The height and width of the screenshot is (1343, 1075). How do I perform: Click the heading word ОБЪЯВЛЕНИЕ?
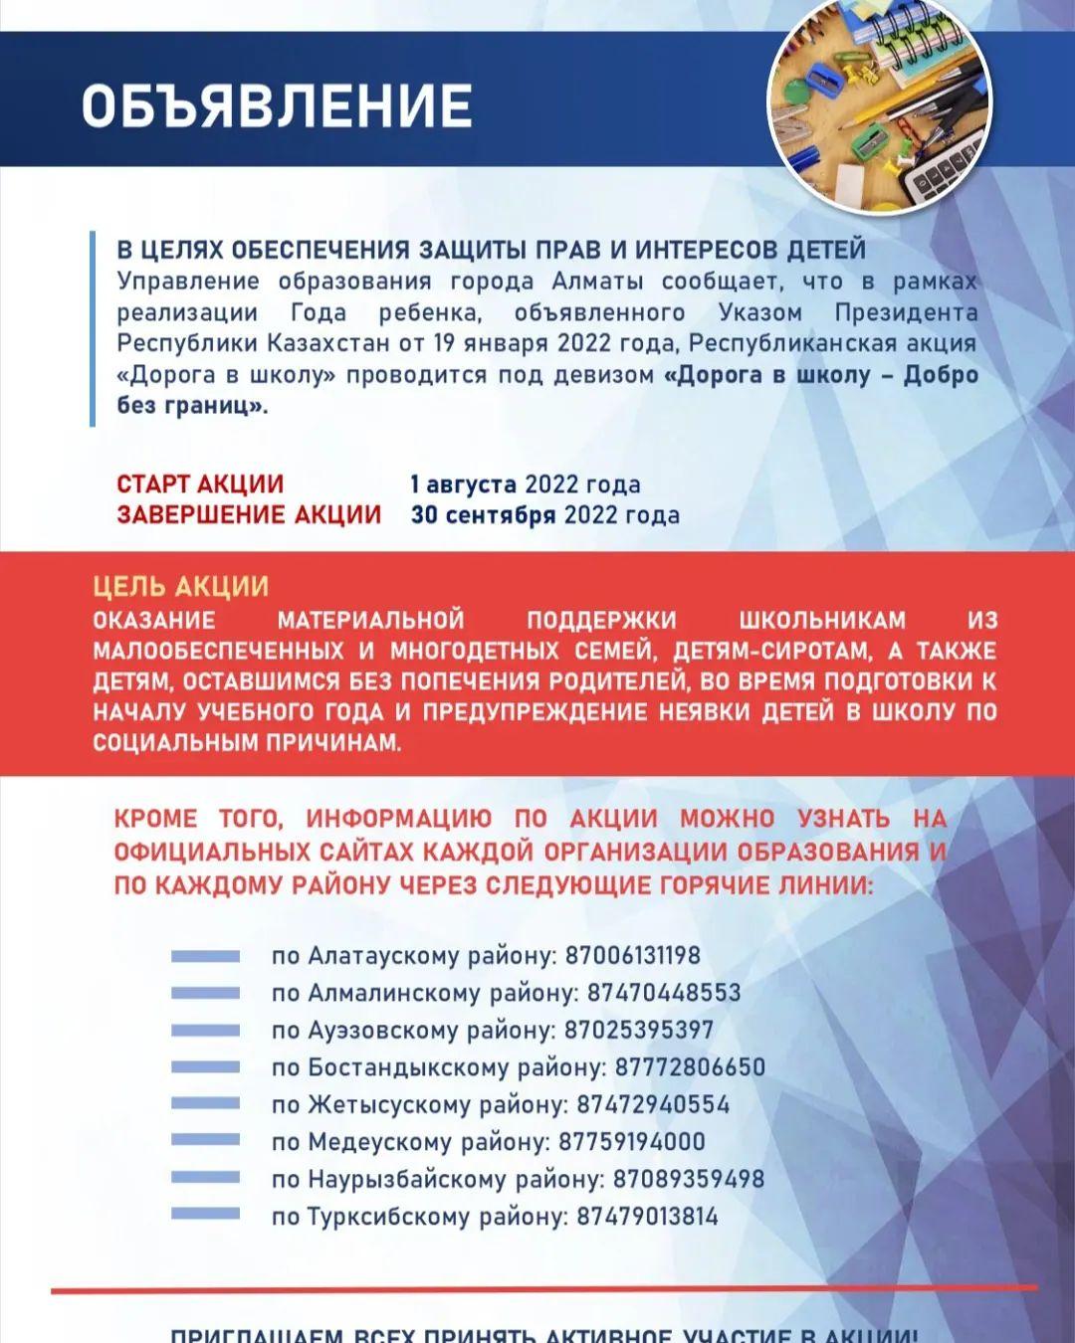(x=277, y=106)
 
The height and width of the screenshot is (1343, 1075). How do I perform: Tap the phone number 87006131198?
(x=633, y=956)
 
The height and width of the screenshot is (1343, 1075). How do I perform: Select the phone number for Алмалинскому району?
(x=664, y=993)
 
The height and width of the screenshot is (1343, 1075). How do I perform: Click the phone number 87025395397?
(x=639, y=1030)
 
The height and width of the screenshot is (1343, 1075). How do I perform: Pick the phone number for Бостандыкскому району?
(x=690, y=1067)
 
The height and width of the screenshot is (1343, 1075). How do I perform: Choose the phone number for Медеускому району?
(x=632, y=1142)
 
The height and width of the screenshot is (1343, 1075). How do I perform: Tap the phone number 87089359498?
(x=689, y=1179)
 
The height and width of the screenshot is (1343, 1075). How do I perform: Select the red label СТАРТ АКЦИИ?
(x=200, y=484)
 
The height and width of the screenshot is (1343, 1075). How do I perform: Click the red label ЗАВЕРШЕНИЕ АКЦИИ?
(x=249, y=514)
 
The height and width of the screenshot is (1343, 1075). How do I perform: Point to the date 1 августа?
(x=464, y=484)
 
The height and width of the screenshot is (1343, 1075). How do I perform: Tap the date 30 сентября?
(x=484, y=514)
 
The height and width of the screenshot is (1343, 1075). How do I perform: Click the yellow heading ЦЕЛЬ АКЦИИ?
(x=181, y=586)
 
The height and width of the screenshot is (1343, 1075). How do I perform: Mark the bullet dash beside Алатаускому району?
(x=205, y=956)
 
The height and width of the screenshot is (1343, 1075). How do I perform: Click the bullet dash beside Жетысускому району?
(x=205, y=1104)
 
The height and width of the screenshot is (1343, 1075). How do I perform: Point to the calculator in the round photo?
(x=941, y=179)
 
